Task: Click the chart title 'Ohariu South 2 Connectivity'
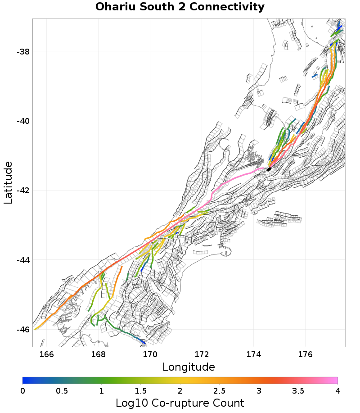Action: point(180,7)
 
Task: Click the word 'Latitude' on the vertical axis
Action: point(8,183)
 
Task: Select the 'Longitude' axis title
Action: point(189,367)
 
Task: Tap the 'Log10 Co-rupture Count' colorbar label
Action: point(180,403)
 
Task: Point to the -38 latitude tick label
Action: point(23,52)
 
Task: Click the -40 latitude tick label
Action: point(23,121)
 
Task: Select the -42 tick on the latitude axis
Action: point(23,191)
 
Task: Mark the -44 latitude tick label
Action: point(23,260)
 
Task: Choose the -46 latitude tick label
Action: point(23,330)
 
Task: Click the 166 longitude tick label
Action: point(46,354)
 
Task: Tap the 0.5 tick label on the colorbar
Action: point(62,390)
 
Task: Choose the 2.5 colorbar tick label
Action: point(219,390)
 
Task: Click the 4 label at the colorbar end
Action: point(337,390)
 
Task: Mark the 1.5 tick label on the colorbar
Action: point(140,390)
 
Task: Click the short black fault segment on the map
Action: point(269,169)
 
